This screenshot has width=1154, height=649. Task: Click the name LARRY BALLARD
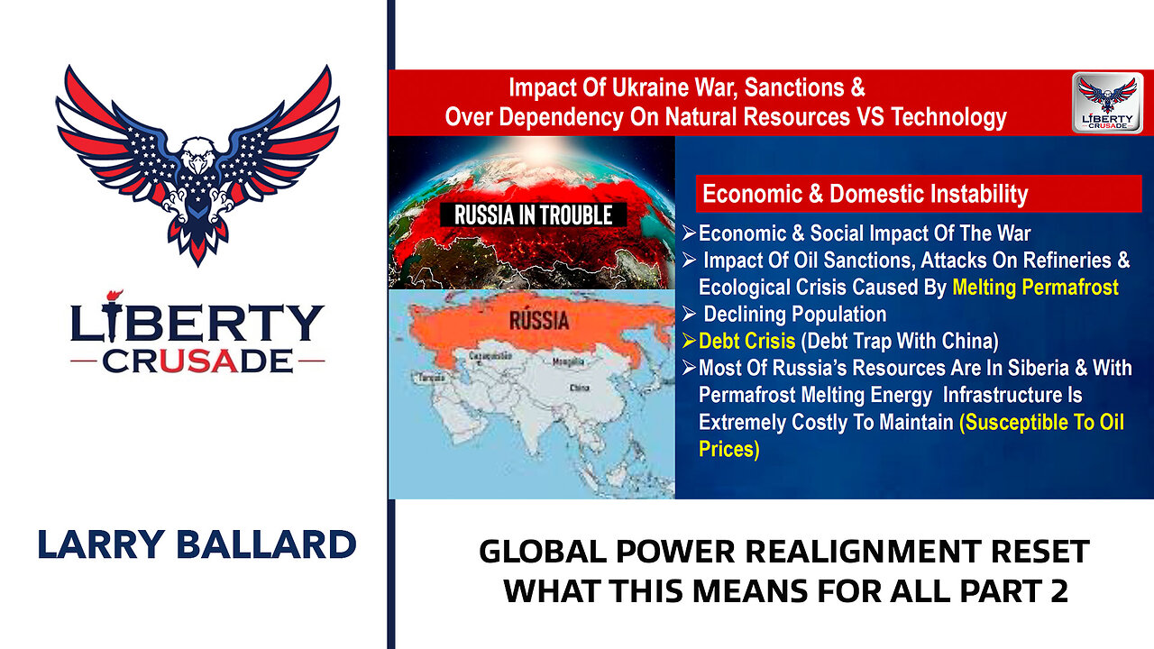(x=197, y=544)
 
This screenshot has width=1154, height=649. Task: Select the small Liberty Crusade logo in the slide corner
(x=1107, y=103)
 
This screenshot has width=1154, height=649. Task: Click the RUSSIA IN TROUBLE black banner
(x=533, y=215)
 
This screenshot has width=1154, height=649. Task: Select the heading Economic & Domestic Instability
(x=865, y=194)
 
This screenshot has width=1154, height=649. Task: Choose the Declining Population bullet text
(x=794, y=315)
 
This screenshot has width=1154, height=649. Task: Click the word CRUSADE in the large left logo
(x=197, y=361)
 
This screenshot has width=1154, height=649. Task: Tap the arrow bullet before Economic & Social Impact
(x=689, y=234)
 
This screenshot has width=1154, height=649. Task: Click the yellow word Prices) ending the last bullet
(x=728, y=449)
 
